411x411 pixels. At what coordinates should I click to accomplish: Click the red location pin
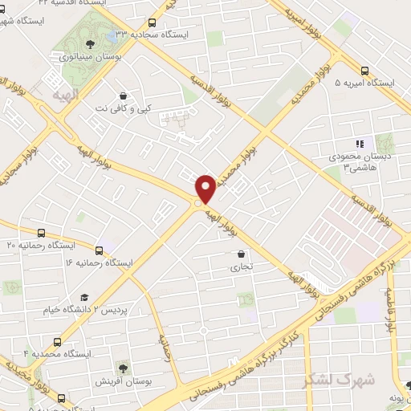pos(205,188)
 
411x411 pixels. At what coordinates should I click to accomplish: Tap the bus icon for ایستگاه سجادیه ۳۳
pos(153,23)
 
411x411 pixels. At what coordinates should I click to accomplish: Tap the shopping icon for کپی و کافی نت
pos(122,94)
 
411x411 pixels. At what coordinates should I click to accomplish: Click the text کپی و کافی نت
pos(123,108)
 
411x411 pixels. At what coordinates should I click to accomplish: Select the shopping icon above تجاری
pos(230,254)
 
